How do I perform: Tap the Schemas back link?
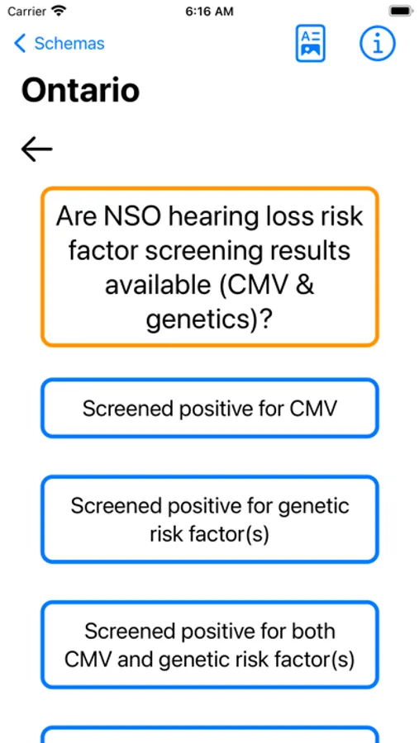pyautogui.click(x=60, y=44)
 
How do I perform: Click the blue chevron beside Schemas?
pyautogui.click(x=20, y=44)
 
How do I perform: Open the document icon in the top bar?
pyautogui.click(x=311, y=43)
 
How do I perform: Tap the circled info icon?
pyautogui.click(x=377, y=43)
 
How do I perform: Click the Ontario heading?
pyautogui.click(x=81, y=91)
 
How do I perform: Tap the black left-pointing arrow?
pyautogui.click(x=36, y=149)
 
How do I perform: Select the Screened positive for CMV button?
pyautogui.click(x=209, y=408)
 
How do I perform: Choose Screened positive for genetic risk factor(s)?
pyautogui.click(x=209, y=520)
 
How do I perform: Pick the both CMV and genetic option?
pyautogui.click(x=209, y=645)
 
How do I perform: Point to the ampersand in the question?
pyautogui.click(x=305, y=286)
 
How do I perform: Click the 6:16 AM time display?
pyautogui.click(x=209, y=12)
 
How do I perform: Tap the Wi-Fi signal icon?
pyautogui.click(x=59, y=11)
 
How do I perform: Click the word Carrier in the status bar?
pyautogui.click(x=26, y=12)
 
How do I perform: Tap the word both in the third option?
pyautogui.click(x=314, y=631)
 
